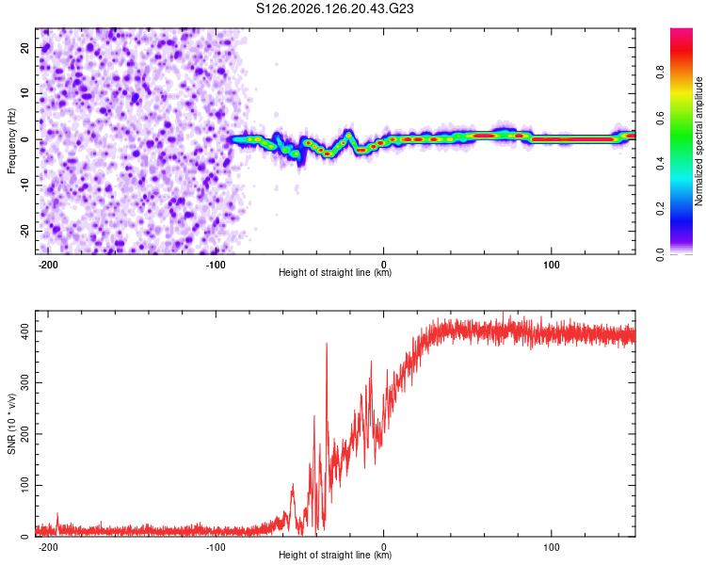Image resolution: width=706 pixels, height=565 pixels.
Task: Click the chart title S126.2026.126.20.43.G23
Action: pyautogui.click(x=334, y=8)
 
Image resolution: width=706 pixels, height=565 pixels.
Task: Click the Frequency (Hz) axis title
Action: pyautogui.click(x=11, y=141)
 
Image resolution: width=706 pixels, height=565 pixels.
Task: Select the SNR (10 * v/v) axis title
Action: pyautogui.click(x=11, y=424)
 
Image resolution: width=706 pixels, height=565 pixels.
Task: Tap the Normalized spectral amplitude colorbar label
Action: pyautogui.click(x=698, y=141)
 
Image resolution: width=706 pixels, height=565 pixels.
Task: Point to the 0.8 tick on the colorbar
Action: pyautogui.click(x=660, y=73)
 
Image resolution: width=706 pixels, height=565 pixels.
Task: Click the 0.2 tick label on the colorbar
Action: pyautogui.click(x=660, y=209)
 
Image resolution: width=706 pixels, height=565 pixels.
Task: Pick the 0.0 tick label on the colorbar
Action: pyautogui.click(x=660, y=254)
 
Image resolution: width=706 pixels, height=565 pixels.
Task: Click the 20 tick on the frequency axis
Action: pyautogui.click(x=24, y=47)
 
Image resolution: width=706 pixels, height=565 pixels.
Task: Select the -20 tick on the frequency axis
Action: pyautogui.click(x=24, y=231)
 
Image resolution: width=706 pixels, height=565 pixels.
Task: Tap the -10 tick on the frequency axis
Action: pyautogui.click(x=24, y=186)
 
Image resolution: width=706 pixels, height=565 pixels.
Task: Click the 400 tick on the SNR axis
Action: pyautogui.click(x=24, y=331)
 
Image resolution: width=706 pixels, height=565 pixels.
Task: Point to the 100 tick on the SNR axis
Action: pyautogui.click(x=24, y=485)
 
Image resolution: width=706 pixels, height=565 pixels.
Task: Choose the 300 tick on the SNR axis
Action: pyautogui.click(x=24, y=382)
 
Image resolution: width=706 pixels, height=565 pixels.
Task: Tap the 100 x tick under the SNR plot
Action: pyautogui.click(x=551, y=547)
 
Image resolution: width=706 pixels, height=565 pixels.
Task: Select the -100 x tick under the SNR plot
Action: pyautogui.click(x=216, y=547)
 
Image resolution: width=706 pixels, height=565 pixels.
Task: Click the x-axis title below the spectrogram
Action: pyautogui.click(x=335, y=272)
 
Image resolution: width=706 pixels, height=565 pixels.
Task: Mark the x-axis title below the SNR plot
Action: pyautogui.click(x=335, y=555)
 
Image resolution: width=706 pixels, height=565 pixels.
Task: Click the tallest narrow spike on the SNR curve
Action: pyautogui.click(x=327, y=345)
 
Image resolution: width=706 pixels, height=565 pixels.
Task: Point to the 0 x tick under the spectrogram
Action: pyautogui.click(x=384, y=265)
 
